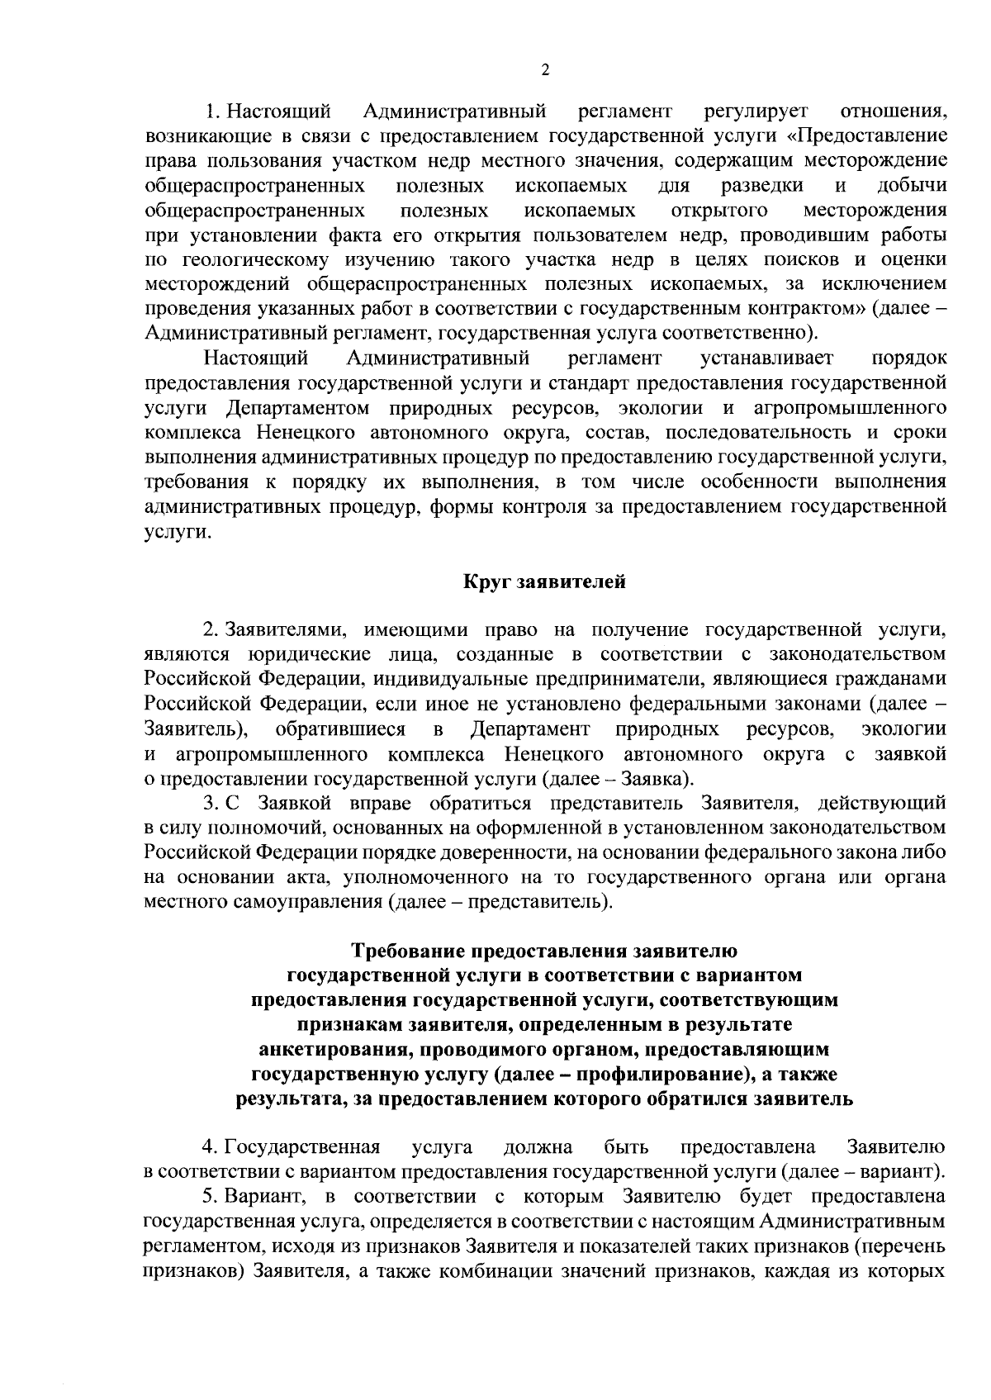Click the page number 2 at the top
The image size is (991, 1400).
[x=544, y=70]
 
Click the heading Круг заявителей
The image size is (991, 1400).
[x=543, y=582]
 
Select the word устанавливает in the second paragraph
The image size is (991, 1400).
[x=767, y=358]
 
